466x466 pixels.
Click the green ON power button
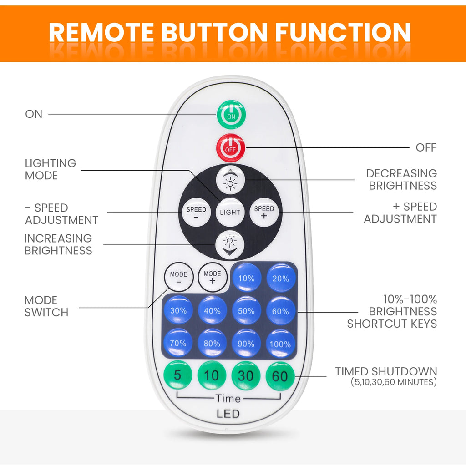tap(231, 114)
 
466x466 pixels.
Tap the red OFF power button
tap(231, 148)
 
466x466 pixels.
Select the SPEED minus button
tap(196, 212)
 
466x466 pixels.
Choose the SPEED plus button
tap(264, 212)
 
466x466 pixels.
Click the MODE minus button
tap(178, 277)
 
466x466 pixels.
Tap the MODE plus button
tap(213, 277)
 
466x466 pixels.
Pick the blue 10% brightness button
tap(246, 278)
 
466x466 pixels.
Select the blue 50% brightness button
tap(246, 310)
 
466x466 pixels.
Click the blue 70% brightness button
tap(178, 343)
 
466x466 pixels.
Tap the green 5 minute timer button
tap(178, 375)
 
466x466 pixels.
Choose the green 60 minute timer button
tap(280, 376)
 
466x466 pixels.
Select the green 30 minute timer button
tap(246, 375)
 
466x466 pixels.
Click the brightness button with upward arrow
tap(230, 180)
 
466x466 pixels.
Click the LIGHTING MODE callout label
tap(51, 169)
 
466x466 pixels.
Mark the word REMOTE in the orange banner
tap(101, 32)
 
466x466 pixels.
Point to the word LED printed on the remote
tap(228, 414)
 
